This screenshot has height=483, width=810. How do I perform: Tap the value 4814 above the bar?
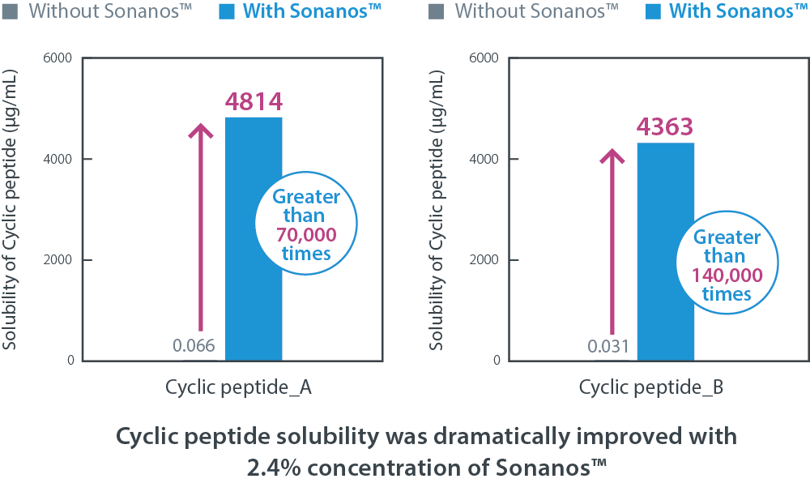pos(254,103)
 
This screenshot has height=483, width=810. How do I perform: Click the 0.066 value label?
pos(194,346)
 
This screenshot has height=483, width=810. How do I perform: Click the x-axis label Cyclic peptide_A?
pos(239,388)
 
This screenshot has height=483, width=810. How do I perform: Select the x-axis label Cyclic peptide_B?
pos(651,388)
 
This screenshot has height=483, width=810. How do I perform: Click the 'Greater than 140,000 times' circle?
pos(727,266)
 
